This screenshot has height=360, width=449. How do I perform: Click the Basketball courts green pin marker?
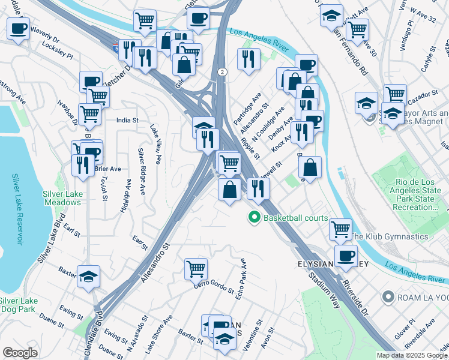(254, 218)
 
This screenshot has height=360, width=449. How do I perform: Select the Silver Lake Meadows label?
(62, 198)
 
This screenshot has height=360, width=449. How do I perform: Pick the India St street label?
(127, 119)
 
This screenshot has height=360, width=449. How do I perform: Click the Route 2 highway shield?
(223, 72)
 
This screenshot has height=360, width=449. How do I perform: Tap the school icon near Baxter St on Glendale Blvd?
(88, 276)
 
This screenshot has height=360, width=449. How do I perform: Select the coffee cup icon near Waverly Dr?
(18, 28)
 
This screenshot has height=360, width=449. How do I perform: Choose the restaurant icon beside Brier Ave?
(83, 165)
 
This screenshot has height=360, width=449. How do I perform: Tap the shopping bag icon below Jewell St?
(310, 167)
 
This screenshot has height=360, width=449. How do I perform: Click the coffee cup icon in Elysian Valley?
(345, 256)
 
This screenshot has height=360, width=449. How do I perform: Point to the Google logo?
(20, 353)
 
